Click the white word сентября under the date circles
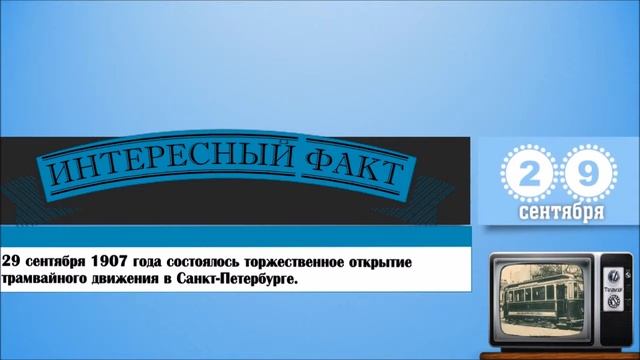click(560, 214)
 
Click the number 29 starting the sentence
click(12, 260)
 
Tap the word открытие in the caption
click(378, 260)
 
